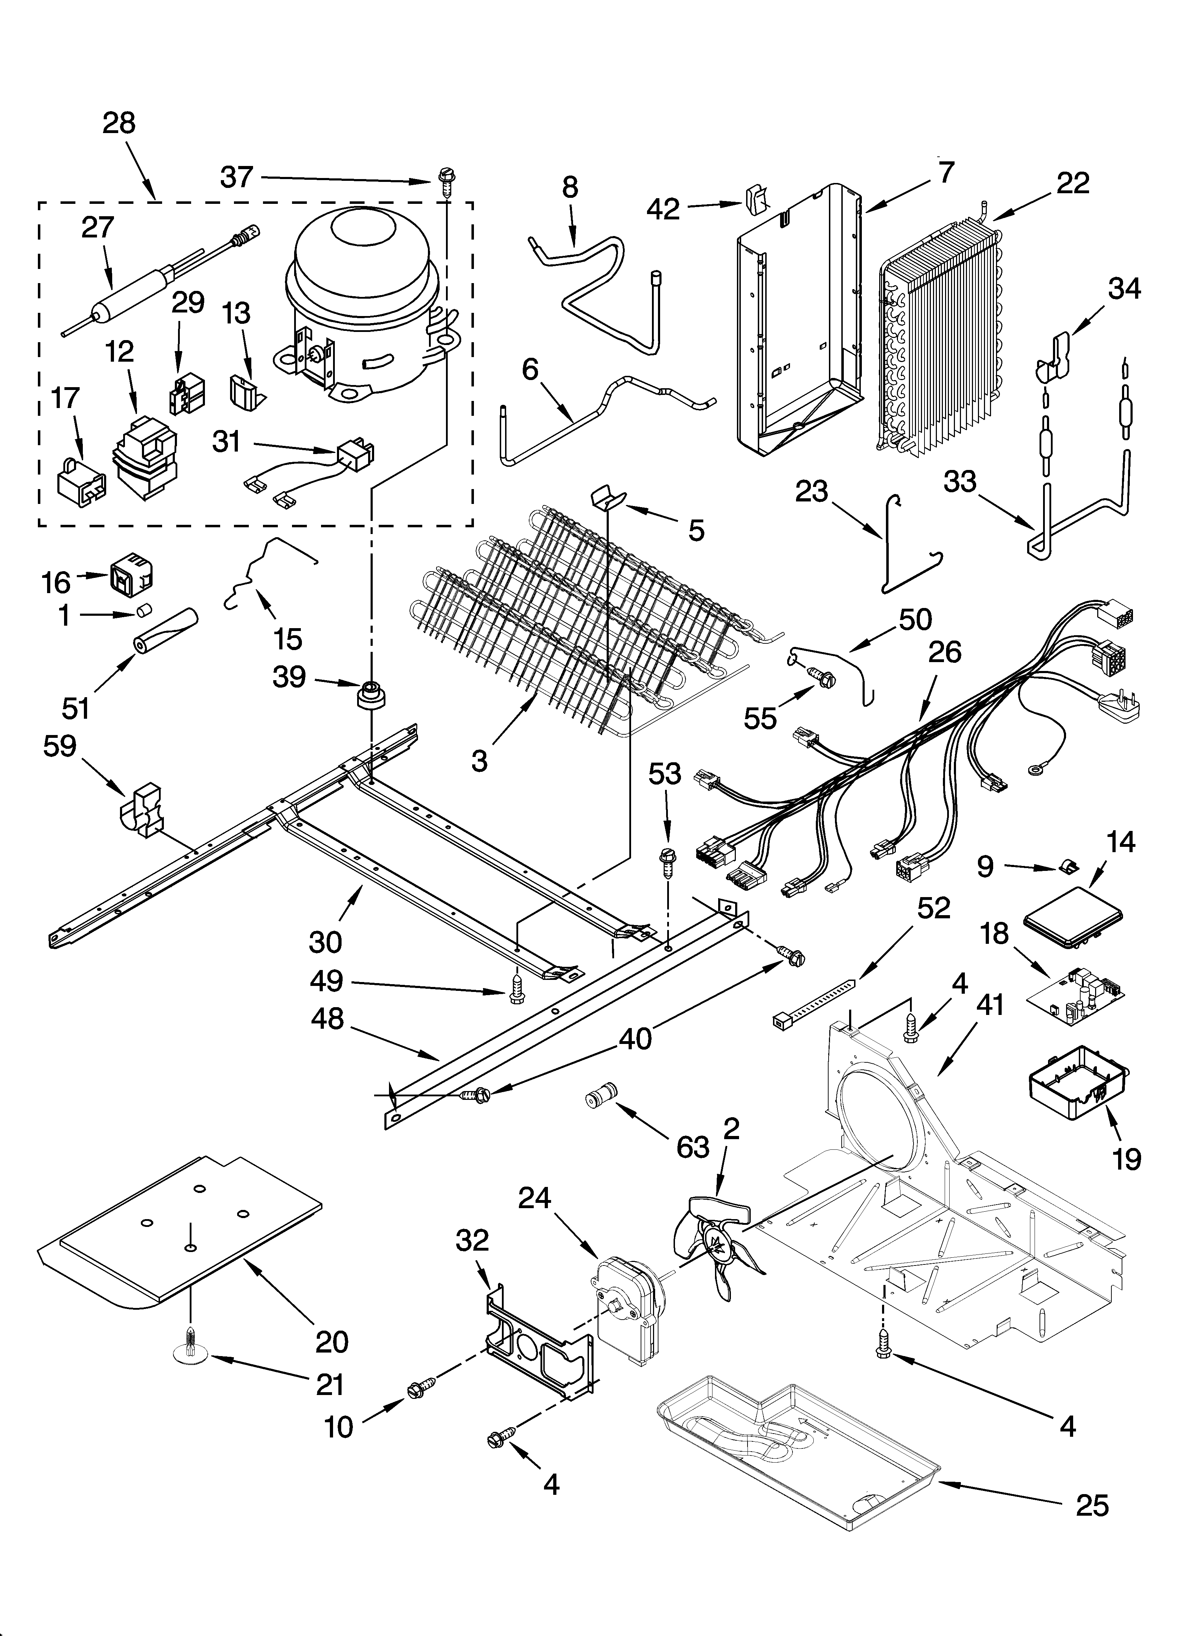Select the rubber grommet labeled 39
coord(372,695)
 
